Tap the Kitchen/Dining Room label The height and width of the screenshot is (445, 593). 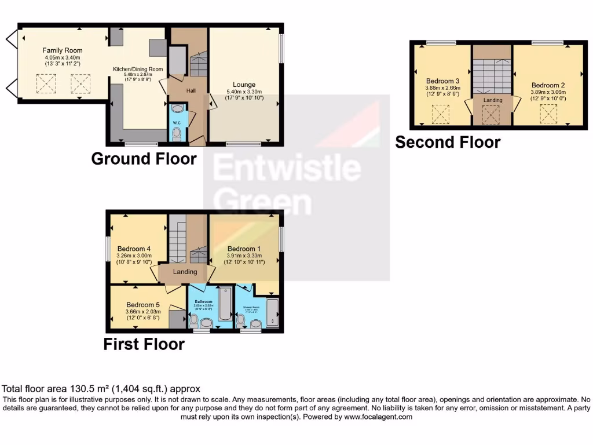click(x=138, y=69)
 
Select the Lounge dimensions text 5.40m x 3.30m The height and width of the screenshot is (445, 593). click(x=244, y=92)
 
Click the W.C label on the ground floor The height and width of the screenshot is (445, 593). click(x=177, y=121)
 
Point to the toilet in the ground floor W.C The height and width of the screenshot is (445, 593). click(x=177, y=134)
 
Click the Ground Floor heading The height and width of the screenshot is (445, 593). click(x=144, y=158)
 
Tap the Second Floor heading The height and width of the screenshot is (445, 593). click(x=448, y=142)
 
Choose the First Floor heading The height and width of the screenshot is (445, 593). click(x=144, y=344)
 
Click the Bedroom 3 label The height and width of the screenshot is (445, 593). click(x=442, y=81)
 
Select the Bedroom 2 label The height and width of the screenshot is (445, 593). click(x=548, y=85)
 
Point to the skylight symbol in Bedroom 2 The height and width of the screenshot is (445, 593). click(x=548, y=114)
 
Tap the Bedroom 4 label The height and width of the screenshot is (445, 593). click(x=130, y=249)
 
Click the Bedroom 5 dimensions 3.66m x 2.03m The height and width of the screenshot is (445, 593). click(x=138, y=311)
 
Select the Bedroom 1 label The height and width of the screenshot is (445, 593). click(x=244, y=249)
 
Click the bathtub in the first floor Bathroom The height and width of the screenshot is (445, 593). click(x=224, y=303)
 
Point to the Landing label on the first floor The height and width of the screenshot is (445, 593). click(x=185, y=272)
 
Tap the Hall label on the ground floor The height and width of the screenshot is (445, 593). click(x=191, y=91)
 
